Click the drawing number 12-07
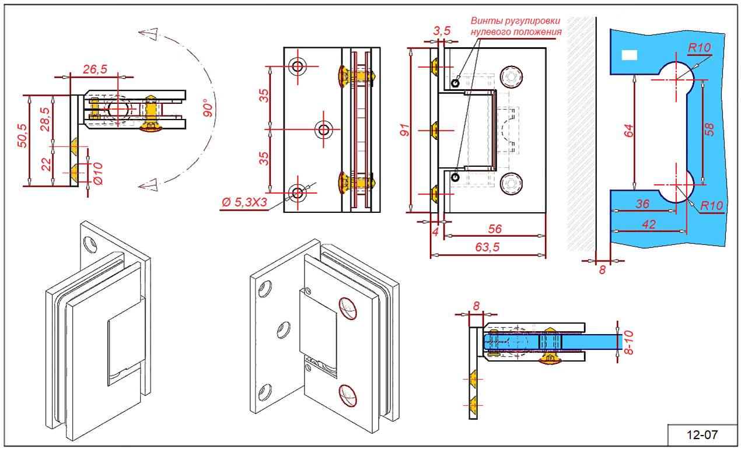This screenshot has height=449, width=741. pos(702,434)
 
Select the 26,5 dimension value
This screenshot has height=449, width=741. pos(95,69)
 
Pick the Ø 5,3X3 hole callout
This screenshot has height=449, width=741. pos(244,202)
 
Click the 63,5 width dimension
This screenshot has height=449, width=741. pos(488,247)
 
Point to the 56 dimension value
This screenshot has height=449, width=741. pos(495,229)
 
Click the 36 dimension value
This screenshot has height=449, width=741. pos(642,204)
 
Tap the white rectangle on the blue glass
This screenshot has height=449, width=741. pos(630,55)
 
